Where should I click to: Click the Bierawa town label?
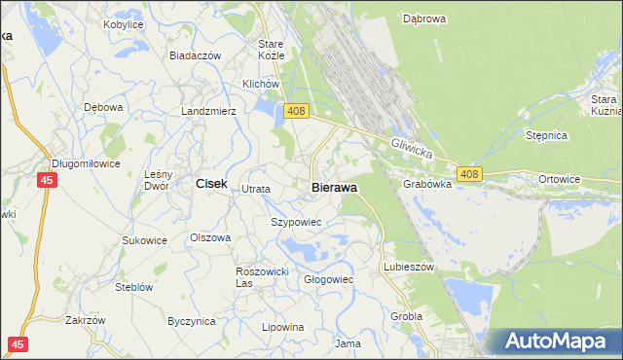[x=334, y=187]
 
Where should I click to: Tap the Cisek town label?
[x=211, y=183]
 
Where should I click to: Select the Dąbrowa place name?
[x=423, y=18]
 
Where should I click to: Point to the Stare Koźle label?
[x=271, y=50]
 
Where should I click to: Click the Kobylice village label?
[x=123, y=23]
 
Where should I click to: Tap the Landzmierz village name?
[x=209, y=111]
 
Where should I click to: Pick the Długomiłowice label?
[x=86, y=163]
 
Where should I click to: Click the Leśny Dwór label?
[x=158, y=180]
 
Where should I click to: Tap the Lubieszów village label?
[x=409, y=266]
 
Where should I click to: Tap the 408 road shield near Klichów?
[x=297, y=113]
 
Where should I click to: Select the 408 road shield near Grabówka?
[x=469, y=174]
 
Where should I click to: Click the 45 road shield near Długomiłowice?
[x=47, y=180]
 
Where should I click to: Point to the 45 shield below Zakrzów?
[x=18, y=344]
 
